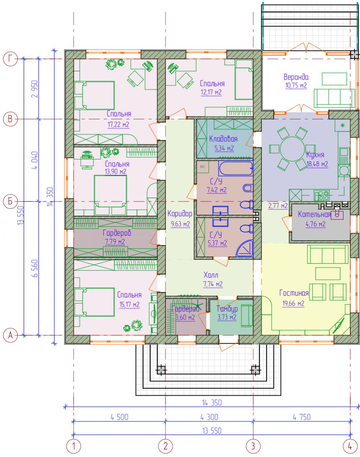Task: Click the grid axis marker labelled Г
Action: pyautogui.click(x=10, y=59)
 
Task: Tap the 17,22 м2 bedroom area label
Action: pyautogui.click(x=118, y=125)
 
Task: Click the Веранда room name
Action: pyautogui.click(x=296, y=77)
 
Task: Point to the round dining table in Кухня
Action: pyautogui.click(x=292, y=149)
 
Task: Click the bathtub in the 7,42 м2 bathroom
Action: pyautogui.click(x=236, y=168)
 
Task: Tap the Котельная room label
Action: pyautogui.click(x=314, y=214)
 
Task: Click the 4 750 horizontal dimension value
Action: pyautogui.click(x=302, y=417)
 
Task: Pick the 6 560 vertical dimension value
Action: pyautogui.click(x=35, y=268)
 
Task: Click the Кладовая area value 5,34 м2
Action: pyautogui.click(x=224, y=148)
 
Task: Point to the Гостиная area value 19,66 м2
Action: pyautogui.click(x=293, y=303)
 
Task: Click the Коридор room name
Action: pyautogui.click(x=180, y=214)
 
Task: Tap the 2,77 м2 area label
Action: pyautogui.click(x=278, y=205)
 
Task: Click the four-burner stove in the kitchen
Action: pyautogui.click(x=322, y=195)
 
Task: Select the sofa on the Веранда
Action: pyautogui.click(x=334, y=98)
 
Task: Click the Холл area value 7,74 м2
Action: pyautogui.click(x=213, y=284)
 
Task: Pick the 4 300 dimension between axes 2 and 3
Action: pyautogui.click(x=209, y=417)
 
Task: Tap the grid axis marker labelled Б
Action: pyautogui.click(x=10, y=201)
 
